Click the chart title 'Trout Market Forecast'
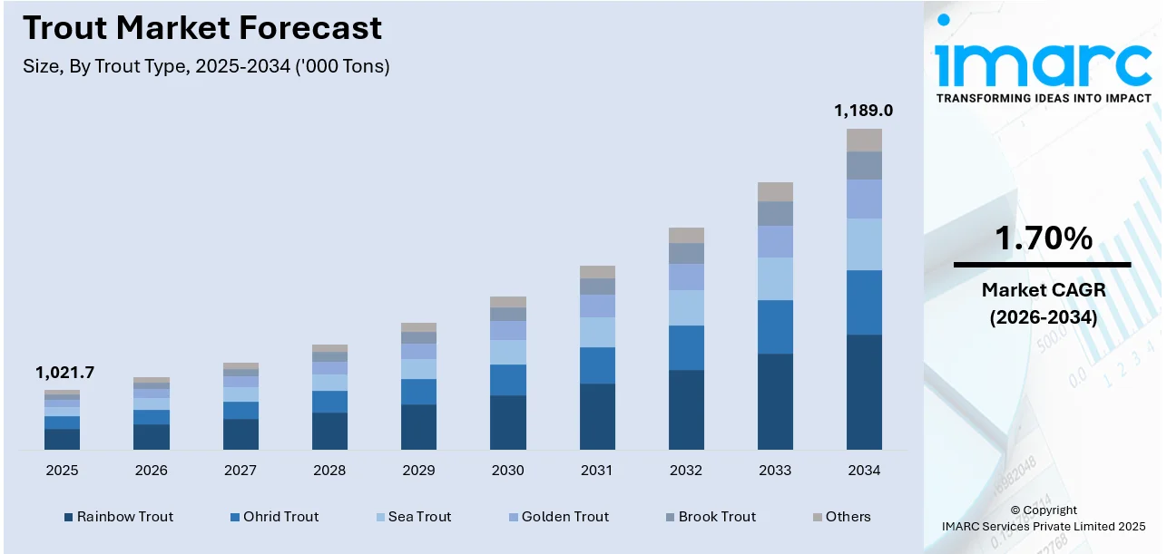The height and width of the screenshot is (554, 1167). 202,28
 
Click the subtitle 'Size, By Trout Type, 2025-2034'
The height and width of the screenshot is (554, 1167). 206,66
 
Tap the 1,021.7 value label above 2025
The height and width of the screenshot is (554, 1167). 64,373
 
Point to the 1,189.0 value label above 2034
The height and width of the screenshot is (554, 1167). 863,111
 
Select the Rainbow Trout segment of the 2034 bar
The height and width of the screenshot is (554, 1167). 864,392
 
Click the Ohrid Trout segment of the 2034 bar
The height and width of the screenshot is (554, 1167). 864,302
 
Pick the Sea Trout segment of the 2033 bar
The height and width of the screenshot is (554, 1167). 775,278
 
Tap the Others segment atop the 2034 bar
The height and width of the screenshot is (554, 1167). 864,140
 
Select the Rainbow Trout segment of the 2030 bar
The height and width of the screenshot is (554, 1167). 507,422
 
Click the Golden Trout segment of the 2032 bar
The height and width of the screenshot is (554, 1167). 686,277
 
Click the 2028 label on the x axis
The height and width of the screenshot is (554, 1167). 329,471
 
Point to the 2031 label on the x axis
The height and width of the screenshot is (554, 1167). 596,471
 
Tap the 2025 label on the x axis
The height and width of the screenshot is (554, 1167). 62,471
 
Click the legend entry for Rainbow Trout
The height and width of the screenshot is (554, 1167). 118,517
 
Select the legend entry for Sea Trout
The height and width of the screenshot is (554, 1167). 413,517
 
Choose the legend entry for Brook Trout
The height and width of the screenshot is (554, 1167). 710,517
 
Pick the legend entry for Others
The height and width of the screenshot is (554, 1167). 841,517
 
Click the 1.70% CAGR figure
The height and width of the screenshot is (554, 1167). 1043,238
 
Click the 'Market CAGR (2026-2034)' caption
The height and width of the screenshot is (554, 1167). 1043,304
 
